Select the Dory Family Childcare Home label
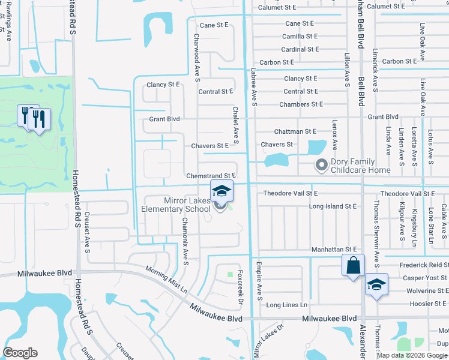pos(354,166)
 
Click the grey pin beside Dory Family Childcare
pos(321,164)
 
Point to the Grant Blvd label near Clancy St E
pos(164,119)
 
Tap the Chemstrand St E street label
pos(209,176)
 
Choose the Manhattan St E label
pos(334,249)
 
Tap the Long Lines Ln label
pos(287,305)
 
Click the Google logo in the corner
pos(20,353)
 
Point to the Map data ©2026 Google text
pos(412,355)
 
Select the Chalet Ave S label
pos(236,126)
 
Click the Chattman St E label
pos(295,131)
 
